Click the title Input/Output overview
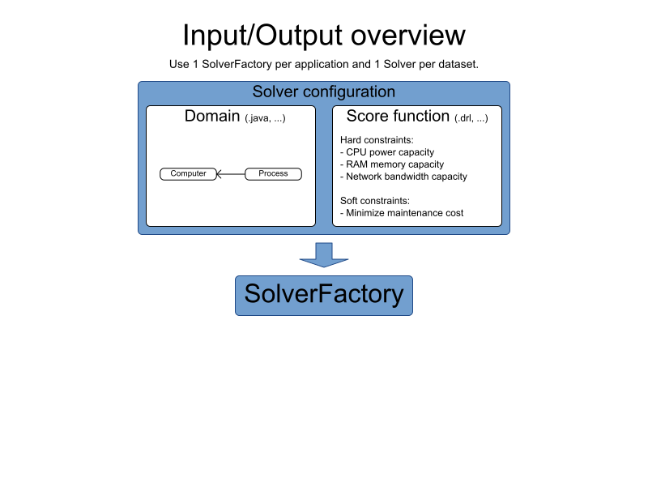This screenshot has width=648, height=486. tap(324, 36)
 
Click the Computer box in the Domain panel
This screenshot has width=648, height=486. tap(188, 173)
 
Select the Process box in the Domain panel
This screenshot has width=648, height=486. tap(273, 173)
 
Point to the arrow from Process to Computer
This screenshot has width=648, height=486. tap(230, 173)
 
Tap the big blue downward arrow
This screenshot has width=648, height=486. tap(324, 254)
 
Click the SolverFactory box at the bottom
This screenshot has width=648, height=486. tap(324, 295)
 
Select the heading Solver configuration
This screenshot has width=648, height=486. tap(324, 92)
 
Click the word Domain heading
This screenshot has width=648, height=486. tap(212, 116)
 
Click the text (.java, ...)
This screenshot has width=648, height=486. tap(266, 118)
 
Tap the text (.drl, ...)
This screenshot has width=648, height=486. tap(471, 118)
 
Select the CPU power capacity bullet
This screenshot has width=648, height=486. tap(387, 152)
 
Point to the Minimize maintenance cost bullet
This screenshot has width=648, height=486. tap(402, 213)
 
